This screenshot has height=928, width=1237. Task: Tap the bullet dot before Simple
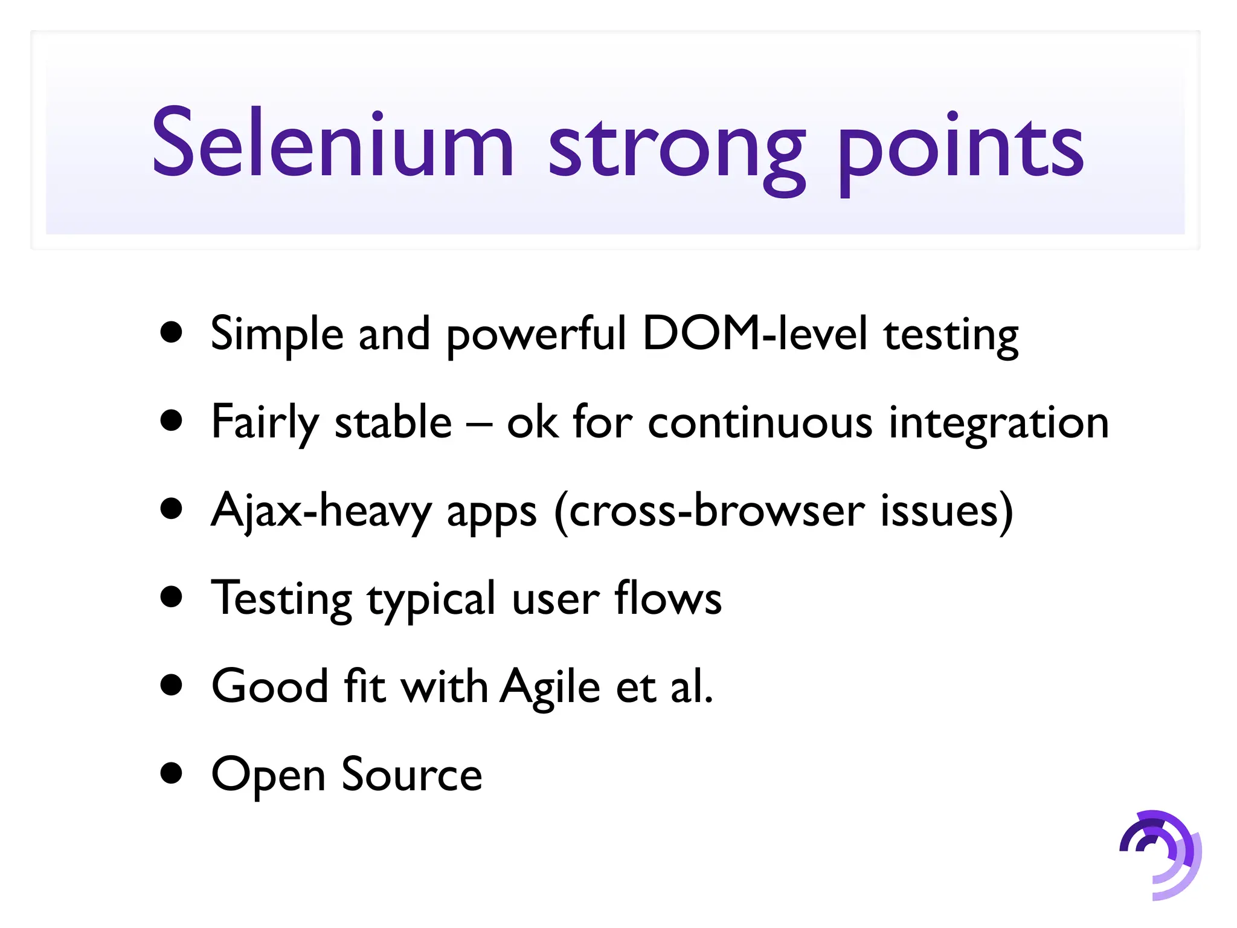(x=172, y=332)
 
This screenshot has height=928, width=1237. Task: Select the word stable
(x=393, y=422)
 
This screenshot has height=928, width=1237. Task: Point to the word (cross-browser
(x=710, y=511)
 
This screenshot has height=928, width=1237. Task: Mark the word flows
(x=668, y=598)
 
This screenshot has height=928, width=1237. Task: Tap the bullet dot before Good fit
(x=172, y=685)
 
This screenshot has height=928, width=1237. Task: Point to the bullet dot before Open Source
(x=172, y=773)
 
